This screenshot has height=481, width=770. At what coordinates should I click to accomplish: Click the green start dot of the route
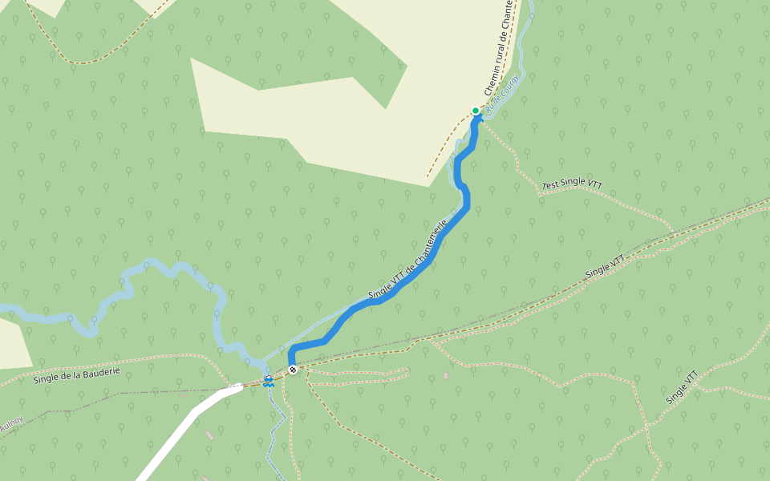[476, 111]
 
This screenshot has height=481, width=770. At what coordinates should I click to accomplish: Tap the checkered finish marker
[293, 370]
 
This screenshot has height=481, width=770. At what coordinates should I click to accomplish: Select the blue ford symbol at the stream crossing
[269, 380]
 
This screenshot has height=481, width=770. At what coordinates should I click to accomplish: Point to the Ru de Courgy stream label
[504, 93]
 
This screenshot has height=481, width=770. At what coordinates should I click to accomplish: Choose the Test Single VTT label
[573, 184]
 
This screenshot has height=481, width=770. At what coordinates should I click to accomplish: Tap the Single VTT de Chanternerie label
[407, 261]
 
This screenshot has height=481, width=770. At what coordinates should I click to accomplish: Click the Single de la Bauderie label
[77, 374]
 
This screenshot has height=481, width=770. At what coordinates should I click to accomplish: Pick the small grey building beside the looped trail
[446, 375]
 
